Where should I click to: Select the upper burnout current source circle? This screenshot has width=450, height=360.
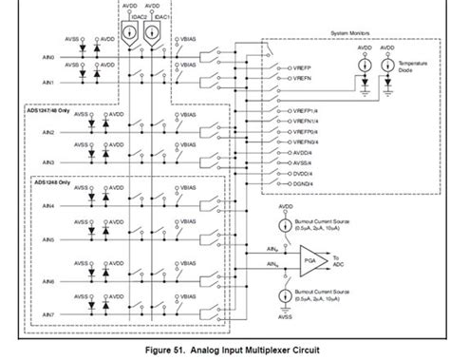coord(285,225)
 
